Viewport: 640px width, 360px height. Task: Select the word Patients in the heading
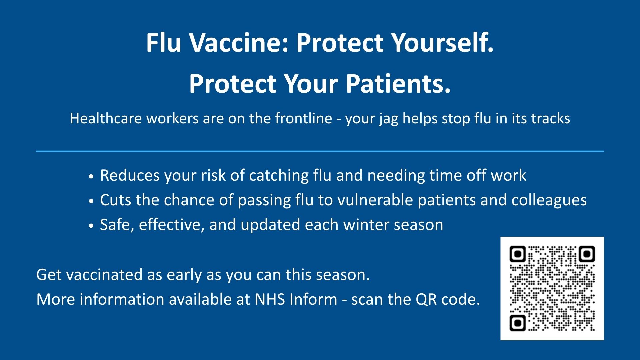pos(398,84)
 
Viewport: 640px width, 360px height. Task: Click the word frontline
pos(304,119)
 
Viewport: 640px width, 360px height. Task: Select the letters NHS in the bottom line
pos(270,299)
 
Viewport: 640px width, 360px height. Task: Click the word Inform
pos(313,299)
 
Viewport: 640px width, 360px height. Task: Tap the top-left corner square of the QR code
pos(518,254)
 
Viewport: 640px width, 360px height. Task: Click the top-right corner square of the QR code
pos(587,254)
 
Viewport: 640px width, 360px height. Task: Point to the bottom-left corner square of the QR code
pos(518,323)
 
